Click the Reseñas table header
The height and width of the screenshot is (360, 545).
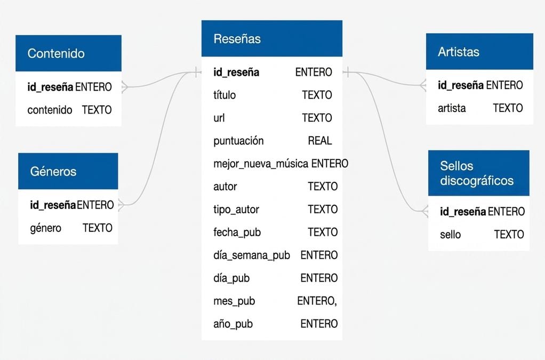pyautogui.click(x=272, y=38)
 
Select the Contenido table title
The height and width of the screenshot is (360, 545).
pyautogui.click(x=56, y=53)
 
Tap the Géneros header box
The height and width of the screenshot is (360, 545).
pyautogui.click(x=68, y=171)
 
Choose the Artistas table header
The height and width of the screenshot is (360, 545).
pyautogui.click(x=479, y=51)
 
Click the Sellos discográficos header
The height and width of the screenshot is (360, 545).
pyautogui.click(x=479, y=173)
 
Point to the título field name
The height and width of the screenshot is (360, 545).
pyautogui.click(x=225, y=95)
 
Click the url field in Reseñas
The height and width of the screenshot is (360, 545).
pyautogui.click(x=219, y=118)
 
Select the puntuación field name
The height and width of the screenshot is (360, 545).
pyautogui.click(x=238, y=141)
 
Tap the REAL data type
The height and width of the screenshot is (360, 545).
pyautogui.click(x=320, y=140)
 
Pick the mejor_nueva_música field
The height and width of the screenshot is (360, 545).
pyautogui.click(x=261, y=164)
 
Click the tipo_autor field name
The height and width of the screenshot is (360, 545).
pyautogui.click(x=236, y=210)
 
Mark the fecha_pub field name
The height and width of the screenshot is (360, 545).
pyautogui.click(x=237, y=232)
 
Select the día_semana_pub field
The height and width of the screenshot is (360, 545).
pyautogui.click(x=252, y=255)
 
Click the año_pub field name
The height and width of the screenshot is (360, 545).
pyautogui.click(x=233, y=324)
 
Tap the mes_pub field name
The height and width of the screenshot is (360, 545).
pyautogui.click(x=234, y=301)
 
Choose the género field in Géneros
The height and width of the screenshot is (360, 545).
pyautogui.click(x=45, y=228)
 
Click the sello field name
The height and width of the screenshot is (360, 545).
pyautogui.click(x=451, y=235)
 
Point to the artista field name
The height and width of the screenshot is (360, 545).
pyautogui.click(x=452, y=108)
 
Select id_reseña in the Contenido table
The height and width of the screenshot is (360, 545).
pyautogui.click(x=51, y=87)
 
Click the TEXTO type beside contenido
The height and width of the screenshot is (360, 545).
pyautogui.click(x=97, y=110)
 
